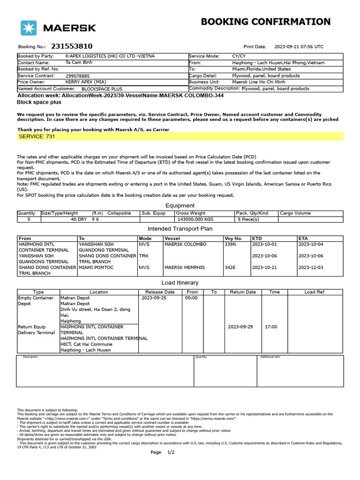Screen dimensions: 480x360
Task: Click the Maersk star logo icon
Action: [x=29, y=28]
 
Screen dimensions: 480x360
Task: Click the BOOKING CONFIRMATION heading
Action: [x=265, y=22]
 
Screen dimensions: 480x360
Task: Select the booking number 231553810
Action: [x=72, y=46]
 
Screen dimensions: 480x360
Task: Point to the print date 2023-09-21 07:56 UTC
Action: [x=299, y=47]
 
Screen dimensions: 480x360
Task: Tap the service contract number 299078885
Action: [x=78, y=75]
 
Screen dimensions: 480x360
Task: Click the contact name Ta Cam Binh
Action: [x=79, y=62]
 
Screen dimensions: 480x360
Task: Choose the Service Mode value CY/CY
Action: [x=239, y=56]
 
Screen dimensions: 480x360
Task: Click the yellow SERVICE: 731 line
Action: [x=180, y=136]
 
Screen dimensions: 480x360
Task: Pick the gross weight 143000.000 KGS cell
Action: [x=194, y=219]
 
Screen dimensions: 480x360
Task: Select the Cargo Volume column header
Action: [x=295, y=213]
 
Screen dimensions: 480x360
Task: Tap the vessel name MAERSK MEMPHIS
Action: [x=184, y=268]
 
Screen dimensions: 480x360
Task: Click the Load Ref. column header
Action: [x=315, y=292]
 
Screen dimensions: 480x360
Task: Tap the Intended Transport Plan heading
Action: [x=180, y=229]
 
